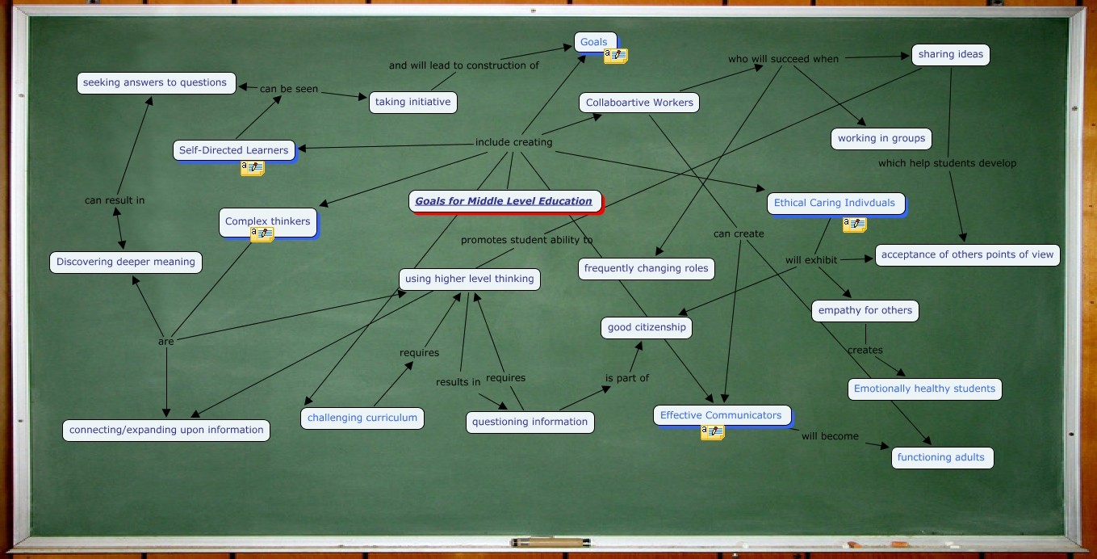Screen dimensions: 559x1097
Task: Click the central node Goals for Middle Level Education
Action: pyautogui.click(x=504, y=201)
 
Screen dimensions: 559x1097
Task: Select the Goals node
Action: pyautogui.click(x=594, y=42)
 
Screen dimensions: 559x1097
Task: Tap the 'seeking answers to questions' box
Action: pyautogui.click(x=155, y=82)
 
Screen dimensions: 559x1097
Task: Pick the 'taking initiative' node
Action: pyautogui.click(x=412, y=102)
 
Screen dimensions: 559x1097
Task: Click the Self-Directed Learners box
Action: pyautogui.click(x=233, y=150)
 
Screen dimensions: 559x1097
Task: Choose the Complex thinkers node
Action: pyautogui.click(x=267, y=221)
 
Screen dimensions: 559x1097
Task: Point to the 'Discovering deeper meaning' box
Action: pyautogui.click(x=126, y=262)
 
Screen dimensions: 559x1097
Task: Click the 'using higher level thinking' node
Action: pyautogui.click(x=469, y=279)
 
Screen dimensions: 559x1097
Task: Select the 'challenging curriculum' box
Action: pyautogui.click(x=362, y=418)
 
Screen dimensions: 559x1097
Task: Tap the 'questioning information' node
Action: pyautogui.click(x=530, y=422)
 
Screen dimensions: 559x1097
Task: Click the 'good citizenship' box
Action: pyautogui.click(x=647, y=327)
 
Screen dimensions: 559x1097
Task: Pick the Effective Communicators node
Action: pyautogui.click(x=721, y=415)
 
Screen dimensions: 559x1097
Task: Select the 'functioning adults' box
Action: pyautogui.click(x=941, y=457)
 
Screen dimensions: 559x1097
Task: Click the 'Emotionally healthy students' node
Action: pyautogui.click(x=924, y=389)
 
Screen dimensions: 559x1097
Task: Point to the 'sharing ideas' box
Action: pyautogui.click(x=950, y=54)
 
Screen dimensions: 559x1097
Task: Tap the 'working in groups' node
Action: pyautogui.click(x=881, y=138)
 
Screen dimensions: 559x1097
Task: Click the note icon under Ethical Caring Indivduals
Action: pyautogui.click(x=855, y=225)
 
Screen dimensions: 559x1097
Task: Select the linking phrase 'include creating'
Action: pyautogui.click(x=513, y=142)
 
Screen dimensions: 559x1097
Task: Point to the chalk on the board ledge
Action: pyautogui.click(x=548, y=542)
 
